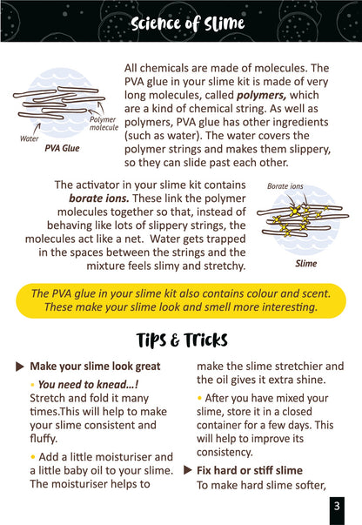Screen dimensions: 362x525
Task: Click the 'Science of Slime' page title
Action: click(187, 24)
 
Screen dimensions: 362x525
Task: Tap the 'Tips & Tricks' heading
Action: click(182, 340)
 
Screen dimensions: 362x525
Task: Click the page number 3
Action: click(337, 506)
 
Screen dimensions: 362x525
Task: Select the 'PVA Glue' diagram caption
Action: click(63, 148)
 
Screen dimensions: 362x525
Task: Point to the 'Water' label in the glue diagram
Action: click(29, 138)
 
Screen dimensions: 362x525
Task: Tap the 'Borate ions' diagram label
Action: click(285, 186)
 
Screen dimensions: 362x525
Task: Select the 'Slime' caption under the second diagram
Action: click(305, 264)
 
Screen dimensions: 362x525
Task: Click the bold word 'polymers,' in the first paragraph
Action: click(261, 96)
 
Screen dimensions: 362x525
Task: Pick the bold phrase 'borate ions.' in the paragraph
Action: click(99, 199)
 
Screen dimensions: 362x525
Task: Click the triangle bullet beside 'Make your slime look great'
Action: click(20, 367)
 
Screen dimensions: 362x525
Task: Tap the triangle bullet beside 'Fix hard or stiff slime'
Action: click(188, 470)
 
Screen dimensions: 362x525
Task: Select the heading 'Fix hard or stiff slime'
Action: click(250, 470)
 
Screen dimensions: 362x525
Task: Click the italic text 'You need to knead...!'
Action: click(89, 385)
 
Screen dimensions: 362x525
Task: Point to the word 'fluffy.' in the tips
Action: click(44, 439)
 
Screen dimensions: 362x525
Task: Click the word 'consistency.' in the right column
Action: click(225, 453)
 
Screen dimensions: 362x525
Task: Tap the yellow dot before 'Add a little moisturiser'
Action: click(32, 457)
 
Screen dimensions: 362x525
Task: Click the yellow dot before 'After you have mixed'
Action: click(199, 398)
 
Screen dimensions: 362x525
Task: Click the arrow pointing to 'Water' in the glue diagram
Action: click(37, 128)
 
